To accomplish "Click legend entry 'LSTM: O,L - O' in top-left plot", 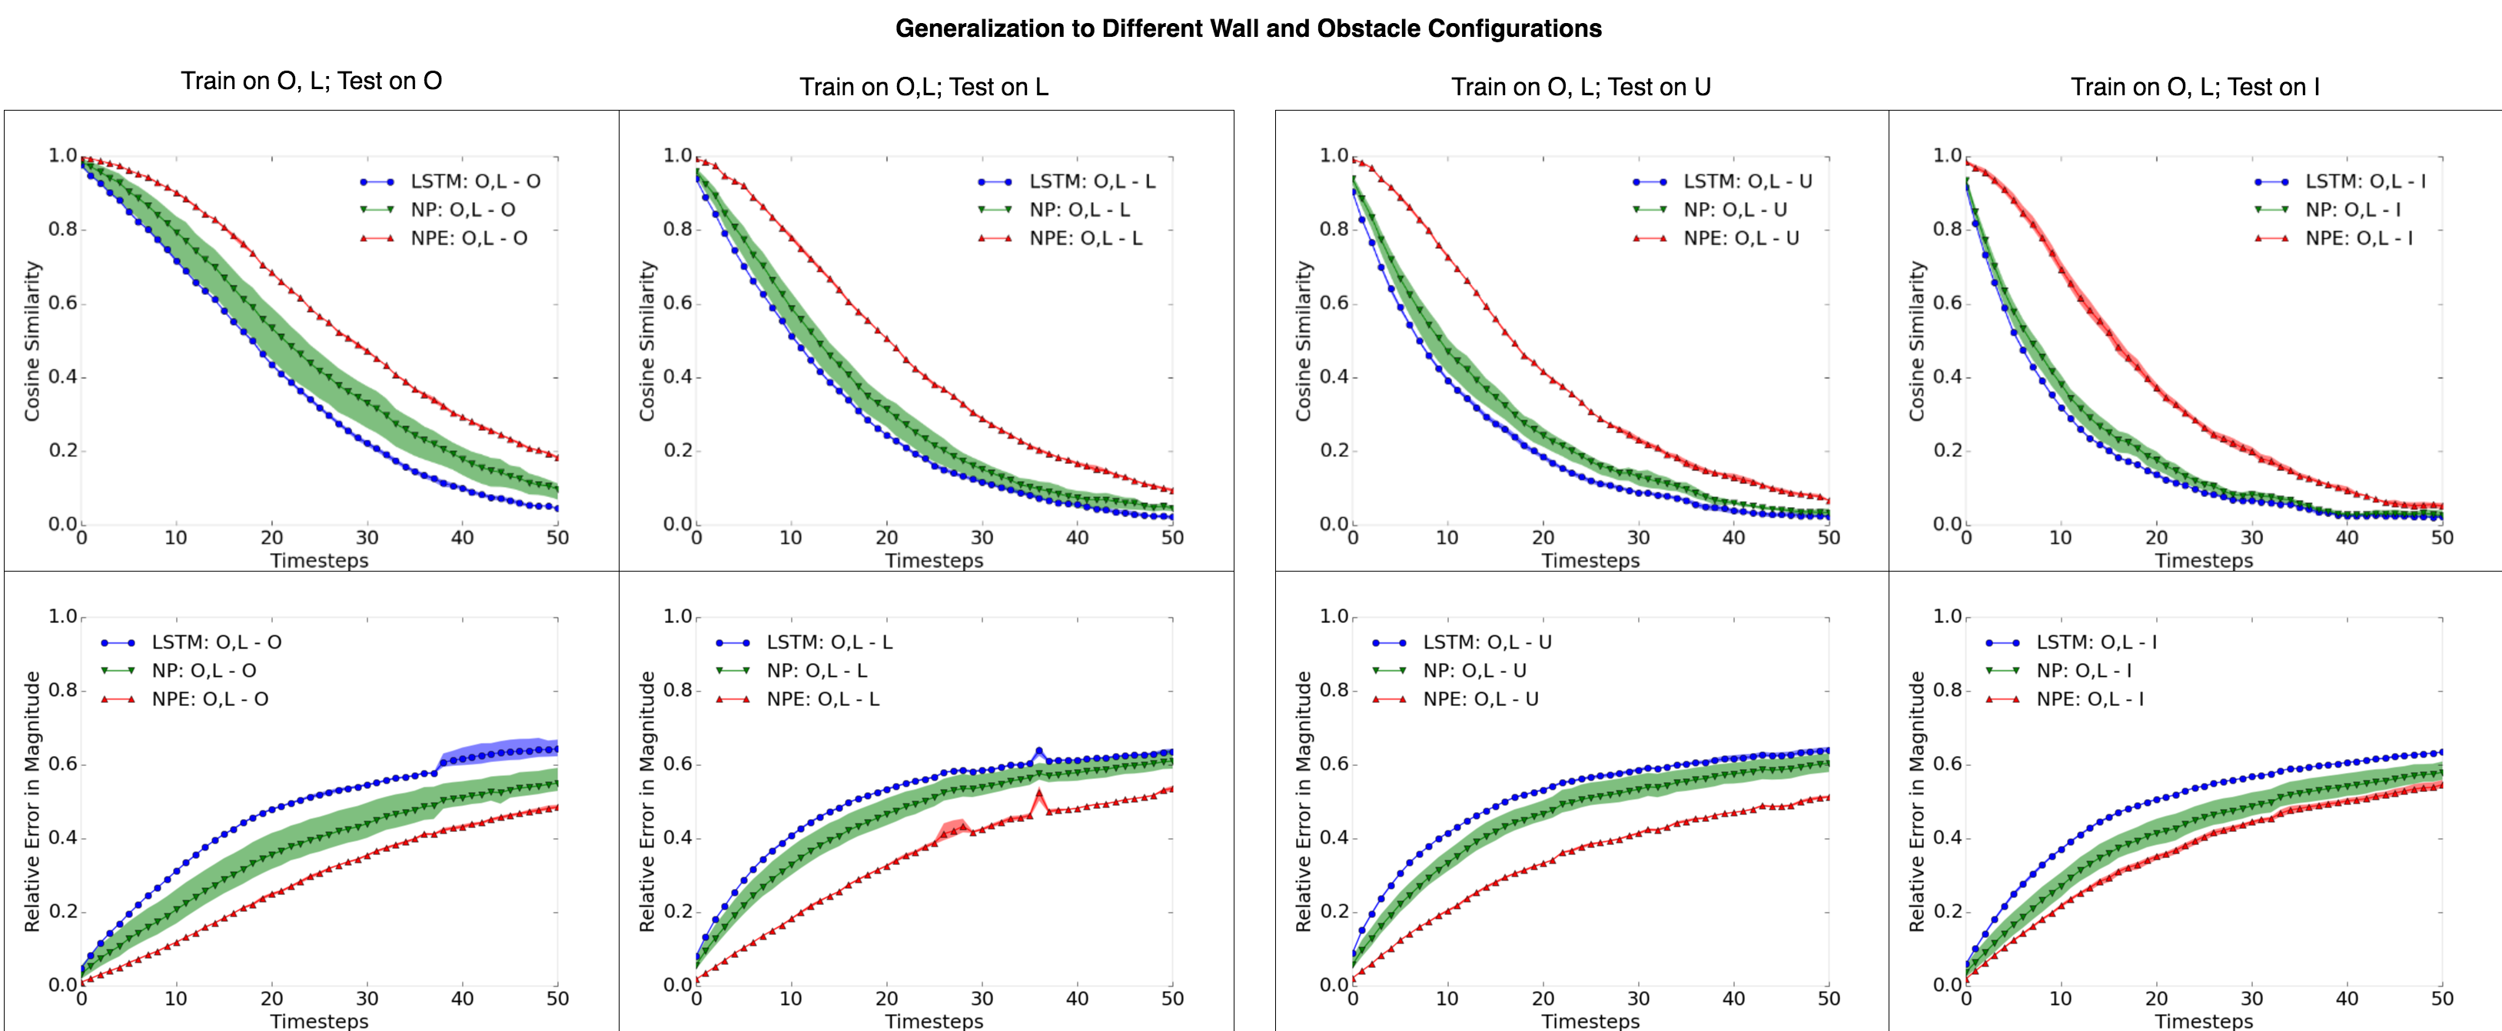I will pos(474,181).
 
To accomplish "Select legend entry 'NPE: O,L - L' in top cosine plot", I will pos(1085,238).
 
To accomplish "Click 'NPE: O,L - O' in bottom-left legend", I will pos(209,699).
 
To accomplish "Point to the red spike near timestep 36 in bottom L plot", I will pos(1039,794).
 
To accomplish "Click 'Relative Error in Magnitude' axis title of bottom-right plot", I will pos(1916,801).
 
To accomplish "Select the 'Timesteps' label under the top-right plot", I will pos(2203,560).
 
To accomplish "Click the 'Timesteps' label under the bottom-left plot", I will pos(318,1020).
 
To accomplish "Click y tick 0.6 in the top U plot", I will pos(1334,303).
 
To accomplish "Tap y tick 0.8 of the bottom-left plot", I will pos(62,690).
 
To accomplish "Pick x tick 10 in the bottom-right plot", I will pos(2060,998).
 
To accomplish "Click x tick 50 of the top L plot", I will pos(1171,538).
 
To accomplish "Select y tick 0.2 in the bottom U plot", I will pos(1334,912).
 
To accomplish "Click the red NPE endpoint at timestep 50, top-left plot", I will pos(557,456).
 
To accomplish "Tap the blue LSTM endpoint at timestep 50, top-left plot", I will pos(557,508).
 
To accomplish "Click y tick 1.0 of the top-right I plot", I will pos(1946,155).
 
